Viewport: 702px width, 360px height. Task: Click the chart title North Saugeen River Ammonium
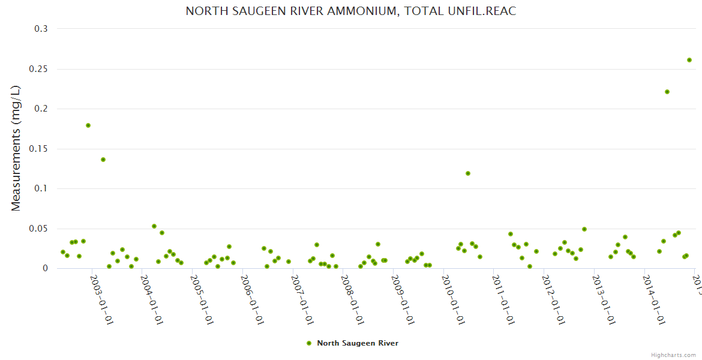coord(350,11)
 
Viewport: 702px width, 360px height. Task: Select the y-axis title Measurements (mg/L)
coord(16,148)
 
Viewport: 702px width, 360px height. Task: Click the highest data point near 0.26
coord(689,60)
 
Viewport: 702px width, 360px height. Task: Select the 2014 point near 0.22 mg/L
coord(667,92)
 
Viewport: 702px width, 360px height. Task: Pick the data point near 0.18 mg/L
coord(88,125)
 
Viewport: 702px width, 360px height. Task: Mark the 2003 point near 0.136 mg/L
coord(103,160)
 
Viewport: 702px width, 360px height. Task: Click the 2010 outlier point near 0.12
coord(468,173)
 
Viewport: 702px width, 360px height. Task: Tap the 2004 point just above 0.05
coord(154,226)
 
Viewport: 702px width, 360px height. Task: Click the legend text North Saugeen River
coord(358,343)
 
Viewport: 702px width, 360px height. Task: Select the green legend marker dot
coord(309,343)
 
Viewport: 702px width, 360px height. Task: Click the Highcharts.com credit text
coord(674,355)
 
